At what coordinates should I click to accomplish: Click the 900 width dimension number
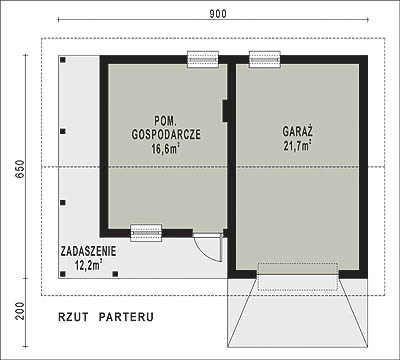coord(218,14)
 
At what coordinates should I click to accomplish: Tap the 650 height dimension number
coord(20,169)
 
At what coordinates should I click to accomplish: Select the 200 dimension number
coord(20,311)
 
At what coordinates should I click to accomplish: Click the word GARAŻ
coord(297,131)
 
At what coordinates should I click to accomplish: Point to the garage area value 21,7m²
coord(297,146)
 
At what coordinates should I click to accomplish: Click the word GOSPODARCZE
coord(166,134)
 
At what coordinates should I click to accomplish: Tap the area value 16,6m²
coord(166,149)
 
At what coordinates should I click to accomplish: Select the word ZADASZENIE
coord(88,251)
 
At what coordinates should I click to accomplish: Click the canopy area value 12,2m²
coord(88,266)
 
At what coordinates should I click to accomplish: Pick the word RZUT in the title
coord(73,317)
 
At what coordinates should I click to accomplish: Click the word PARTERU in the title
coord(126,317)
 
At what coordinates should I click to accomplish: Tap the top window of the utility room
coord(203,59)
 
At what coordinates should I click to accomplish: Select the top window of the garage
coord(265,59)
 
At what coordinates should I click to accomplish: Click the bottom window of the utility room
coord(146,233)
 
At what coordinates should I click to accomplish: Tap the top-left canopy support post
coord(63,60)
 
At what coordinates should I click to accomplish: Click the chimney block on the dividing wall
coord(225,111)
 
